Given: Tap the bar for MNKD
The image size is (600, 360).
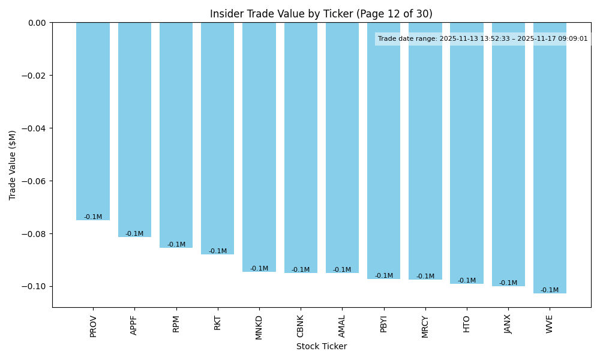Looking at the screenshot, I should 259,147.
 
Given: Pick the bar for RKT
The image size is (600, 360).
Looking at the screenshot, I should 218,139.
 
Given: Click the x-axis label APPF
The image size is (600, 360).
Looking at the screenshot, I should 134,325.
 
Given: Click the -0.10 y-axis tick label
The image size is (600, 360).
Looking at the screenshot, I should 35,286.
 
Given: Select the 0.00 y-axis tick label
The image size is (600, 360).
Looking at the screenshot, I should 37,23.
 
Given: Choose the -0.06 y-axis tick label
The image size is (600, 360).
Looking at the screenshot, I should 35,181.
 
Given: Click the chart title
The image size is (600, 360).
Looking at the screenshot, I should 321,14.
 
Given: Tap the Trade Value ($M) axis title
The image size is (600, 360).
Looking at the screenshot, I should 13,165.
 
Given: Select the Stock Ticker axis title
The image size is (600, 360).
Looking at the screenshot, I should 321,346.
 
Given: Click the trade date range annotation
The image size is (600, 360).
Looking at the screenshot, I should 483,39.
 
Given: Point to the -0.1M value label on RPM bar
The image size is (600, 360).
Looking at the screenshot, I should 176,245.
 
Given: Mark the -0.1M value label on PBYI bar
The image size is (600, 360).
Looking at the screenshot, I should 384,276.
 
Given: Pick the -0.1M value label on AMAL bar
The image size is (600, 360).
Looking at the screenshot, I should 342,270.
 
